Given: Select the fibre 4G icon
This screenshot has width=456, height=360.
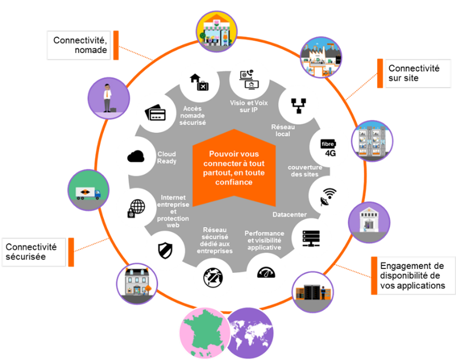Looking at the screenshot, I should pos(330,148).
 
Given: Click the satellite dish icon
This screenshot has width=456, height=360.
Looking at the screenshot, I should pos(329,197).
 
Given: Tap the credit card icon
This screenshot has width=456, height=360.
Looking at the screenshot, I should pos(155,112).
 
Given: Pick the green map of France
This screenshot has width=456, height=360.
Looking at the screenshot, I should pos(203,333).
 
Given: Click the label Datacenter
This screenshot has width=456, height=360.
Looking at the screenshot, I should pos(290,215).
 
